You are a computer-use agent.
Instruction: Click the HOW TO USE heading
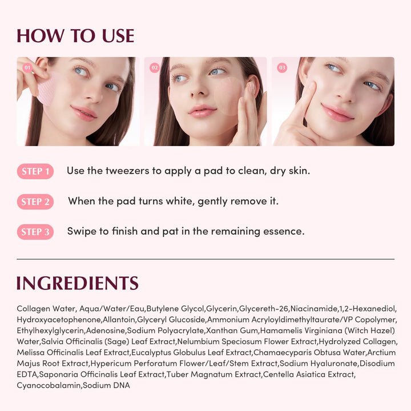tap(75, 36)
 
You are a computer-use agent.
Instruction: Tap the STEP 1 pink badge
tap(35, 171)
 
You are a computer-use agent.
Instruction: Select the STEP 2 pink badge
tap(35, 202)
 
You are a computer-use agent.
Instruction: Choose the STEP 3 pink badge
tap(35, 232)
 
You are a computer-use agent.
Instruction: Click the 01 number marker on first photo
tap(27, 68)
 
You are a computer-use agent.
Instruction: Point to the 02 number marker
tap(154, 68)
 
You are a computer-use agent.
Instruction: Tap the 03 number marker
tap(282, 68)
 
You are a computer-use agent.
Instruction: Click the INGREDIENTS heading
tap(78, 283)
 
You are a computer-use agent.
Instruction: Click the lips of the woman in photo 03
tap(337, 112)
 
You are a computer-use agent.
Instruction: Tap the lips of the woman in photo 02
tap(203, 111)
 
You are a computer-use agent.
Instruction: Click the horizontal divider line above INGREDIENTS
tap(205, 259)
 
